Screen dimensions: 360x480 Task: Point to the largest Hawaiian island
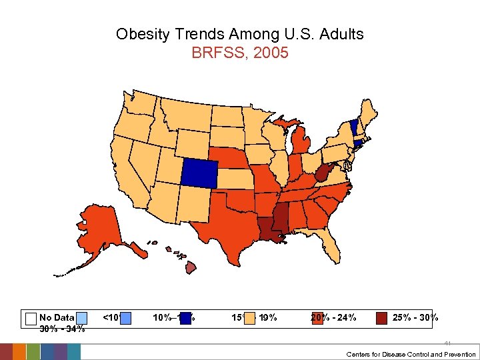coord(190,267)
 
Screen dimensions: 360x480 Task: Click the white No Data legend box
coord(30,318)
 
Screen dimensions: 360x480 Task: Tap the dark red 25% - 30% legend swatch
coord(381,318)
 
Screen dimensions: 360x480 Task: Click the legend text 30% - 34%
coord(62,329)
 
